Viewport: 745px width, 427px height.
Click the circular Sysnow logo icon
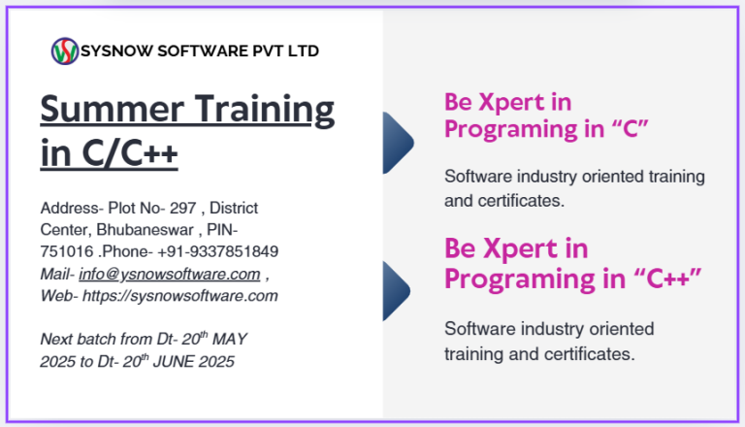[65, 50]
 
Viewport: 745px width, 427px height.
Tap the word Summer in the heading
[113, 109]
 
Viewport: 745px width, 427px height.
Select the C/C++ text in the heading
[130, 153]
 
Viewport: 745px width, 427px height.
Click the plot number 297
[183, 209]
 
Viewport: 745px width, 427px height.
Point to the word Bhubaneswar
[145, 230]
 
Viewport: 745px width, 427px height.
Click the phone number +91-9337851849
[217, 251]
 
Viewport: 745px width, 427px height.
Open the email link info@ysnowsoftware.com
[170, 275]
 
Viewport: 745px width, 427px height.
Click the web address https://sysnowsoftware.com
[180, 296]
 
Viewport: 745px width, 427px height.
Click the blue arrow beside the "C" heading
[398, 143]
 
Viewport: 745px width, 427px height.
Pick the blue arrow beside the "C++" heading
[397, 291]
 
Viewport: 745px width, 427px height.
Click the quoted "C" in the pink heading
[630, 128]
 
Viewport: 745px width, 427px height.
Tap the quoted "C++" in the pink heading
[667, 278]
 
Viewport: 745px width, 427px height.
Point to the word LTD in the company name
[303, 50]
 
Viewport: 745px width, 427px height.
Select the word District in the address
[234, 209]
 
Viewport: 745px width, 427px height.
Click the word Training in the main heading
[265, 111]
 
